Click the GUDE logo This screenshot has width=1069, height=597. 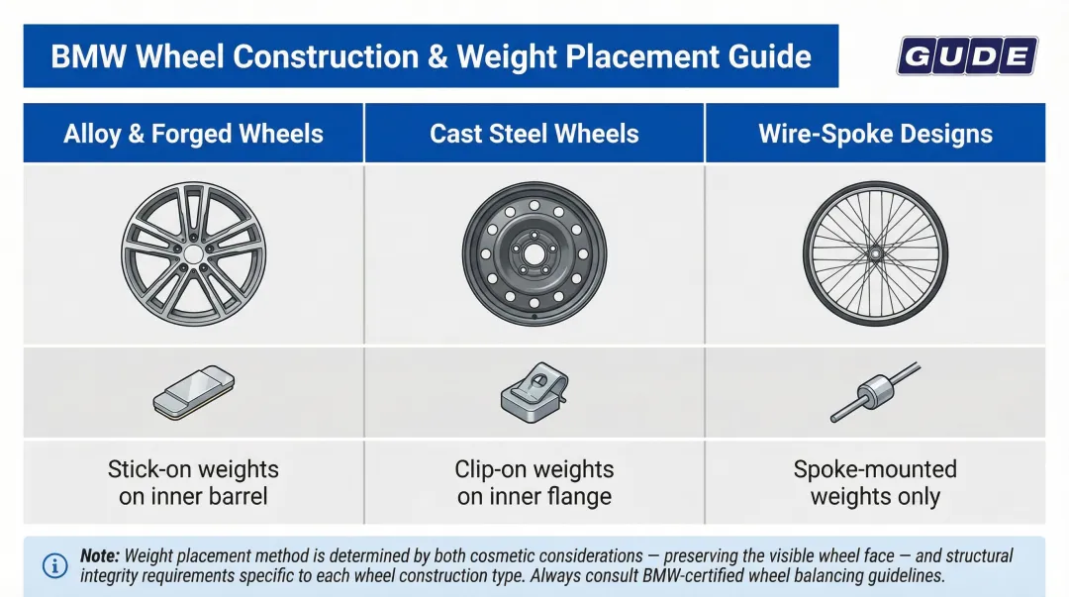[966, 56]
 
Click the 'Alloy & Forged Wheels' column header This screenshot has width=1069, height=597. [194, 134]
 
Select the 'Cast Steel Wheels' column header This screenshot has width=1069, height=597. [534, 134]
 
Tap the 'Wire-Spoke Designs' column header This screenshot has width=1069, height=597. [875, 134]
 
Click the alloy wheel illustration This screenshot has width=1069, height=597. [194, 253]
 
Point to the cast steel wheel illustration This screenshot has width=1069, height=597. [534, 253]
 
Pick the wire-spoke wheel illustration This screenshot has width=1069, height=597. [875, 253]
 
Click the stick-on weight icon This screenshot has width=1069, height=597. [194, 390]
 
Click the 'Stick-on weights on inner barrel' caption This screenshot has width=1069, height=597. [194, 482]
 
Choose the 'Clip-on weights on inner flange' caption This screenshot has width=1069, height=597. [534, 482]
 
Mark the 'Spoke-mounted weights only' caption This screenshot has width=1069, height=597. [875, 482]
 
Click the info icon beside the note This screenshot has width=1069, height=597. [54, 565]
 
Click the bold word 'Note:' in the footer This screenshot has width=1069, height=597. [100, 556]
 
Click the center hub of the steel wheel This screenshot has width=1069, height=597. [534, 253]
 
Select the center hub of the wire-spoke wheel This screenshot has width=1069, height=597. [875, 252]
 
